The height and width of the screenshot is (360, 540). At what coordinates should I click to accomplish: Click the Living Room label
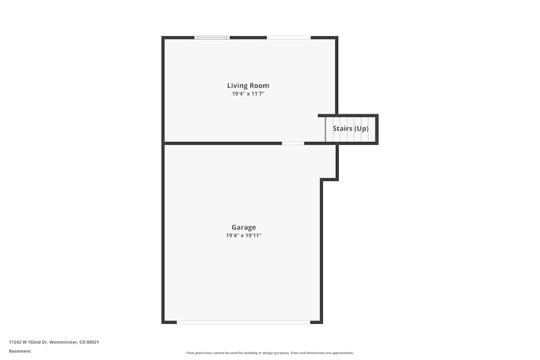(x=248, y=85)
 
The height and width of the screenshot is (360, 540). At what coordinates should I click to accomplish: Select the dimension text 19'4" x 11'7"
(x=248, y=94)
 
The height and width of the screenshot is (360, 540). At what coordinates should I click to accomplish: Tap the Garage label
(x=244, y=227)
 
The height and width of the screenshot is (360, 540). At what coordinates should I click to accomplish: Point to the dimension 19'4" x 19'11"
(x=244, y=236)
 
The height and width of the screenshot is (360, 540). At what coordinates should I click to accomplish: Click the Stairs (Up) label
(x=350, y=128)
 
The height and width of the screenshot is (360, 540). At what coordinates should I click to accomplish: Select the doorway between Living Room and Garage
(x=293, y=143)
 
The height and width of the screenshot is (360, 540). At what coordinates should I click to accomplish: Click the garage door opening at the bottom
(x=243, y=322)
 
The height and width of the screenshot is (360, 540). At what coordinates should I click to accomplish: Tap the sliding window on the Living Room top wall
(x=212, y=37)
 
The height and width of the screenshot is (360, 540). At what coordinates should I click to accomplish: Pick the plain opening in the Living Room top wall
(x=288, y=37)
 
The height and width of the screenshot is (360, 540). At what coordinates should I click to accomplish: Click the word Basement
(x=20, y=351)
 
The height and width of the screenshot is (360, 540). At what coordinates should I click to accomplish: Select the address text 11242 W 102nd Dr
(x=28, y=342)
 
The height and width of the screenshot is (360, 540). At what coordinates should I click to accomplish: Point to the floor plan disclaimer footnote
(x=270, y=353)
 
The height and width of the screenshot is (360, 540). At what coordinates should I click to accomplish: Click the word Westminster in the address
(x=63, y=342)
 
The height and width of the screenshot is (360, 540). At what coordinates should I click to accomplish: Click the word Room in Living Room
(x=260, y=85)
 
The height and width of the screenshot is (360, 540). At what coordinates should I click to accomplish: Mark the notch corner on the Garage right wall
(x=322, y=180)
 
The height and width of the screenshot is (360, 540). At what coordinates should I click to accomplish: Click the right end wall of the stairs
(x=376, y=130)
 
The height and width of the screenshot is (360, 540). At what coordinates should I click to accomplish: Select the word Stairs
(x=342, y=128)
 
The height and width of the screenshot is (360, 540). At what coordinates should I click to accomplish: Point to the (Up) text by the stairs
(x=361, y=128)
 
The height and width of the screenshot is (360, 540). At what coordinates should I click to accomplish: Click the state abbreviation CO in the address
(x=83, y=342)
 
